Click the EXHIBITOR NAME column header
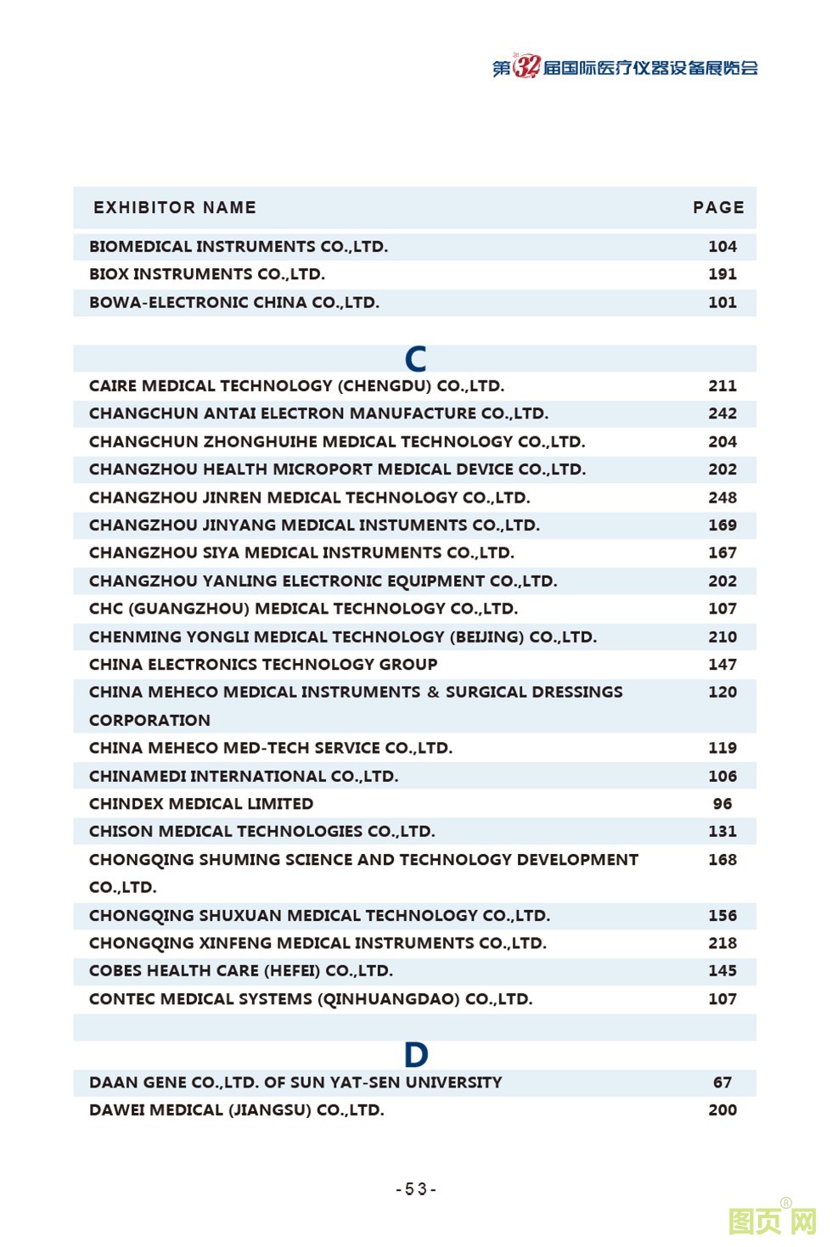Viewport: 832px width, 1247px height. (175, 208)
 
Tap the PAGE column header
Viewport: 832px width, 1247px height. (718, 208)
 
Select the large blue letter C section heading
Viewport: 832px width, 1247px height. (415, 359)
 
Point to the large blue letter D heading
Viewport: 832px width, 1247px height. (416, 1055)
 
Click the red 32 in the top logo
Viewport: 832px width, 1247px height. (526, 67)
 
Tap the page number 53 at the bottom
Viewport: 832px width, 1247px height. (416, 1189)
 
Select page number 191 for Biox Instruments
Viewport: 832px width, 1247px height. (722, 274)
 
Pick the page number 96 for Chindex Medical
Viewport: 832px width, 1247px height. (722, 803)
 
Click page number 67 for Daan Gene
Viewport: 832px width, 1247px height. (722, 1082)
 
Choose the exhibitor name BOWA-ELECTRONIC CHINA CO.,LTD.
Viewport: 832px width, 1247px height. (234, 302)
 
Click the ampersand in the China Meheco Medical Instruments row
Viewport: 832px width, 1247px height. (433, 692)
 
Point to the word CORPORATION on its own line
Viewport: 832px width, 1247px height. (149, 721)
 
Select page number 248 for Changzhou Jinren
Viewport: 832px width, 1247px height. (722, 497)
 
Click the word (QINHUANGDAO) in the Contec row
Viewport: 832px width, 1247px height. (389, 999)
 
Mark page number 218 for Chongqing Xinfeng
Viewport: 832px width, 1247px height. (722, 943)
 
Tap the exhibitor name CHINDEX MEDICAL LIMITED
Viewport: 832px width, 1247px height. (201, 803)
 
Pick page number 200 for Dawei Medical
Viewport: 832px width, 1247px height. (722, 1110)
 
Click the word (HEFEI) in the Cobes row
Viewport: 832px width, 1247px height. (292, 971)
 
